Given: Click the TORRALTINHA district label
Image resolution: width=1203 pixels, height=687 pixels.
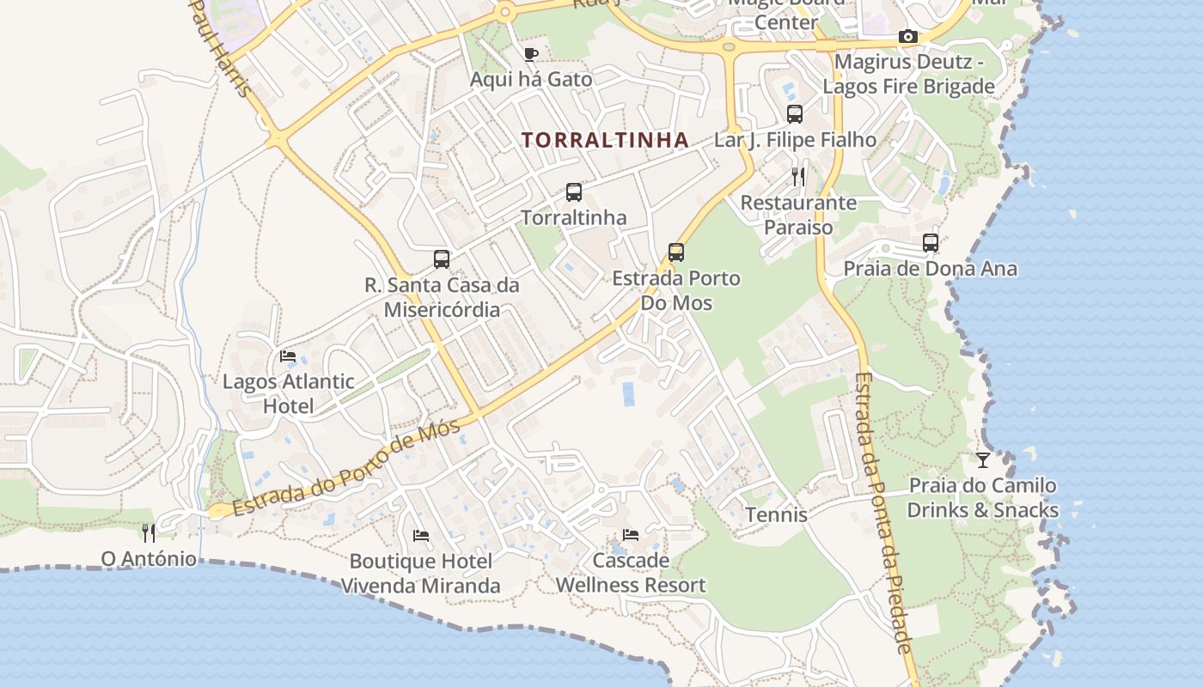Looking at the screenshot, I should tap(605, 140).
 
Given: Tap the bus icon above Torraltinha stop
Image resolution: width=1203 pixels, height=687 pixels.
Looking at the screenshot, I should tap(574, 192).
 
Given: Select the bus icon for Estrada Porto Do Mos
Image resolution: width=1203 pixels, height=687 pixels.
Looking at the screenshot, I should tap(676, 252).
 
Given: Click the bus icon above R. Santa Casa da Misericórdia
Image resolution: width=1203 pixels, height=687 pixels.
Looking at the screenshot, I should tap(442, 258).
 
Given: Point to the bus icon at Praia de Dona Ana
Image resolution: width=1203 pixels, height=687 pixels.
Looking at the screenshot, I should tap(931, 243).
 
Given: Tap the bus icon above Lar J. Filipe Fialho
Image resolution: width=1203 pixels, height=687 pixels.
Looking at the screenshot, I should tap(795, 113).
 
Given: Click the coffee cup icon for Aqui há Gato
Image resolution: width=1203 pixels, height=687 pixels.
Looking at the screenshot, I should tap(531, 55).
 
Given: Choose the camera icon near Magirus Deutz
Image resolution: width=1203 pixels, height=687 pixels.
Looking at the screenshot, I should tap(907, 36).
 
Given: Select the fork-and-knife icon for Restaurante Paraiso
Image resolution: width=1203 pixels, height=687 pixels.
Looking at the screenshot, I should tap(798, 177).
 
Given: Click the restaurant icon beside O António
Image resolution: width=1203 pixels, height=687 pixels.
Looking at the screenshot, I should tap(149, 533).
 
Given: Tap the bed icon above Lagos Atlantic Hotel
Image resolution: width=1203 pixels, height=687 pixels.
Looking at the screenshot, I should tap(288, 356).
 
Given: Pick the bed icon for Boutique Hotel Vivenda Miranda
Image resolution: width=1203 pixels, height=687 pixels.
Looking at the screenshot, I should tap(421, 536).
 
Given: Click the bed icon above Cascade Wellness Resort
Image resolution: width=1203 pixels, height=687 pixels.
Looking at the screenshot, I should tap(631, 535).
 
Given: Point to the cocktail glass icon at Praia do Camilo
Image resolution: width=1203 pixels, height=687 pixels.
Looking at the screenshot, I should tap(983, 460).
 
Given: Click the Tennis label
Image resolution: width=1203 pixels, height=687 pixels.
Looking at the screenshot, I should tap(776, 514).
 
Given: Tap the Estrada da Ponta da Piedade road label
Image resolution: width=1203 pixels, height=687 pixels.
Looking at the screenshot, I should tap(883, 513).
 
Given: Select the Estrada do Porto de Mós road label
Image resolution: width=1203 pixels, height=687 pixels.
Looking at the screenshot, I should tap(347, 468).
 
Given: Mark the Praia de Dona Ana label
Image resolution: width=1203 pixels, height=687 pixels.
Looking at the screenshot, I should tap(930, 269).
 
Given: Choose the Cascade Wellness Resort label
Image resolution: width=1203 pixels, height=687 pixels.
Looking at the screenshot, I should tap(631, 573).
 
